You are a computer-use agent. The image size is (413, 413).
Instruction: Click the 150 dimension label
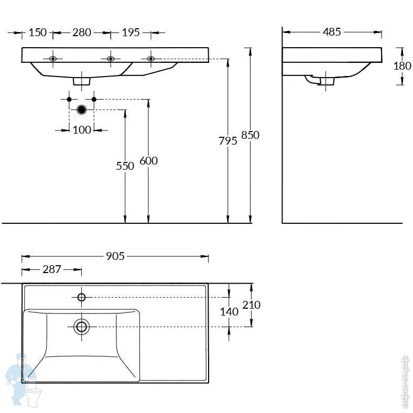click(x=38, y=32)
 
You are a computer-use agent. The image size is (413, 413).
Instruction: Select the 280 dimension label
click(x=82, y=32)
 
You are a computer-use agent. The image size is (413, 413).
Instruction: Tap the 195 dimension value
click(x=131, y=32)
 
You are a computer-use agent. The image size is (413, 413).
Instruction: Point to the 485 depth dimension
click(x=332, y=32)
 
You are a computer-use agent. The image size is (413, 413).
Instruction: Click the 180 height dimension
click(x=402, y=66)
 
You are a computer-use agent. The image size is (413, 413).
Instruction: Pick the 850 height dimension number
click(x=250, y=135)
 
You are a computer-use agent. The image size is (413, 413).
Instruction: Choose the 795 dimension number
click(x=228, y=141)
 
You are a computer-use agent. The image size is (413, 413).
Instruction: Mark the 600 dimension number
click(x=148, y=161)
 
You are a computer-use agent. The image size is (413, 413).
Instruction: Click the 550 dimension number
click(x=125, y=166)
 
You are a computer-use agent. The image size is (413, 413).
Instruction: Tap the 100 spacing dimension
click(x=82, y=130)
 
